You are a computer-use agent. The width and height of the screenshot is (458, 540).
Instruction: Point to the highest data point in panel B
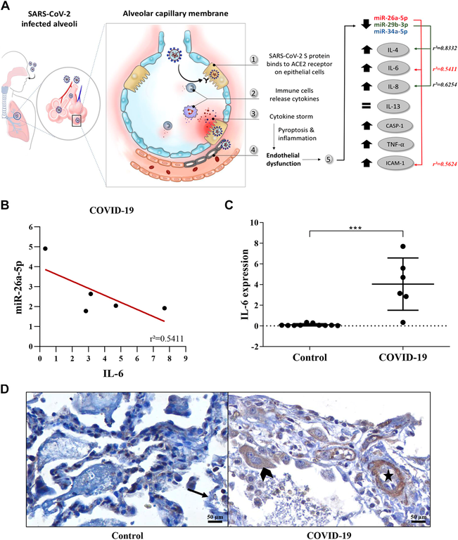[46, 248]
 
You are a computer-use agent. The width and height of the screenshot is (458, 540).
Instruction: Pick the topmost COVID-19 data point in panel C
[403, 246]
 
